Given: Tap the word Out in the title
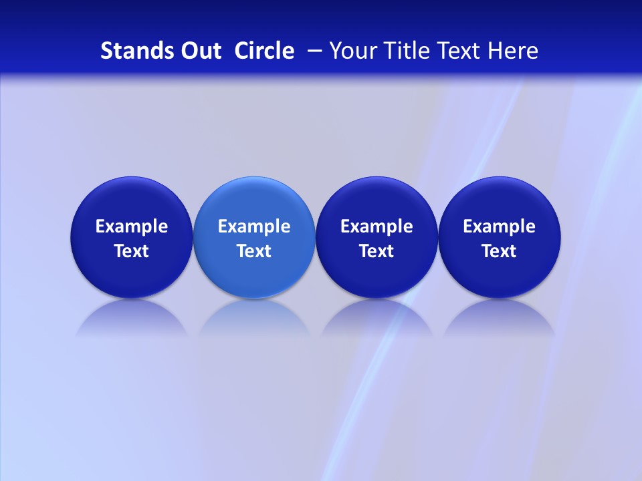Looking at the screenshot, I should (x=199, y=51).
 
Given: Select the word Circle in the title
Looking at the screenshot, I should (x=264, y=51).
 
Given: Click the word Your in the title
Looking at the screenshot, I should (x=351, y=51).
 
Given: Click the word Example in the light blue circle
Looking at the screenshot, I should (x=254, y=226).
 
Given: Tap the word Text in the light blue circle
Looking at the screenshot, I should (x=254, y=251).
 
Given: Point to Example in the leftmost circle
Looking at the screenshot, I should (x=131, y=226).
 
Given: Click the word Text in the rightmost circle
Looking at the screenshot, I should (x=500, y=251).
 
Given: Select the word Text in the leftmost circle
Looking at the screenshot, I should (x=131, y=251).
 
